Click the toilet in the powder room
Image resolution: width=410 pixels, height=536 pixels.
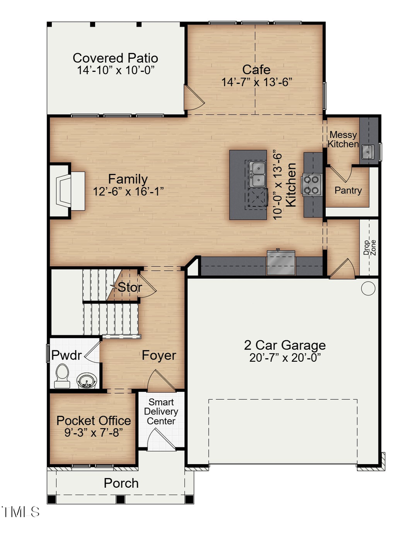tap(61, 376)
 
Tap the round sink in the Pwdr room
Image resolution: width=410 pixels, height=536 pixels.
tap(85, 379)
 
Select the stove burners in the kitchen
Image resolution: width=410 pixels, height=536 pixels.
tap(311, 184)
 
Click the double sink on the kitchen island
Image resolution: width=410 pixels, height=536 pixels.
tap(258, 174)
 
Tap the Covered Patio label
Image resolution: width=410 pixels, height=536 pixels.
tap(115, 58)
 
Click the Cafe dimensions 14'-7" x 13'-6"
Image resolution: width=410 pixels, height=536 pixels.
tap(256, 82)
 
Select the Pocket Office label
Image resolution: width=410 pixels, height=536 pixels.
tap(93, 420)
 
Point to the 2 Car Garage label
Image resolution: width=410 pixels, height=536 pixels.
tap(285, 344)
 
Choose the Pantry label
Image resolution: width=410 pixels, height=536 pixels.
tap(348, 190)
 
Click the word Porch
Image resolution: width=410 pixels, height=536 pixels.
tap(121, 483)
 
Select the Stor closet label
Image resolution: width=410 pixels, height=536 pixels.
tap(130, 288)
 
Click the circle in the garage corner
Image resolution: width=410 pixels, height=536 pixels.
tap(368, 288)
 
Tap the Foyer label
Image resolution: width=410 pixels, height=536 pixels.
tap(159, 355)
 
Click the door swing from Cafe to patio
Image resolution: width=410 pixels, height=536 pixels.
tap(191, 96)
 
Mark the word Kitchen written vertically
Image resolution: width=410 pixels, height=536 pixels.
tap(292, 185)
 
